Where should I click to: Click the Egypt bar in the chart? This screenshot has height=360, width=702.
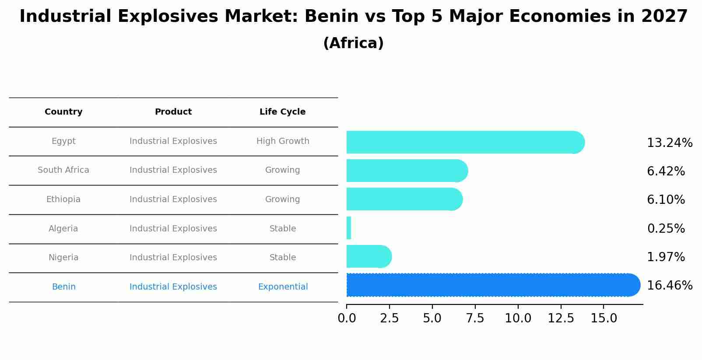click(464, 142)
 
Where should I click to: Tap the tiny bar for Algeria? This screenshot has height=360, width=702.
click(349, 228)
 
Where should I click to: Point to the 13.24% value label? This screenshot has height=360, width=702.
click(669, 143)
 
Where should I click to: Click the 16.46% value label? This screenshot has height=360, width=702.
click(669, 286)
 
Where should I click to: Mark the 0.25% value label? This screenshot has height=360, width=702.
click(666, 229)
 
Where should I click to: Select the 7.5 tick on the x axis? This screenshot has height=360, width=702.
click(475, 318)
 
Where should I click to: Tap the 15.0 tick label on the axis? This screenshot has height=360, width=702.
click(604, 318)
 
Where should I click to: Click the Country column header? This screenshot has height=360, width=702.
click(63, 112)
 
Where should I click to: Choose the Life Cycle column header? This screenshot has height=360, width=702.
click(282, 112)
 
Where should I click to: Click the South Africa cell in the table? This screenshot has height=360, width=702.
click(63, 170)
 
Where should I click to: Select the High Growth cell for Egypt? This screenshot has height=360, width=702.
click(283, 141)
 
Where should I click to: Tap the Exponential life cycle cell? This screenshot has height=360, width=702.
click(283, 287)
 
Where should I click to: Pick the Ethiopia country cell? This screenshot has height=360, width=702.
click(63, 199)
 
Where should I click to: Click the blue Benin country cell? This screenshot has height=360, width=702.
click(63, 287)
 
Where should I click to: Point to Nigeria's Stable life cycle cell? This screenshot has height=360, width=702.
click(283, 258)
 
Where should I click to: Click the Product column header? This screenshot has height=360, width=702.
click(173, 112)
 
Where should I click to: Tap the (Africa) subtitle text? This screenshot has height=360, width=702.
click(353, 43)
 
